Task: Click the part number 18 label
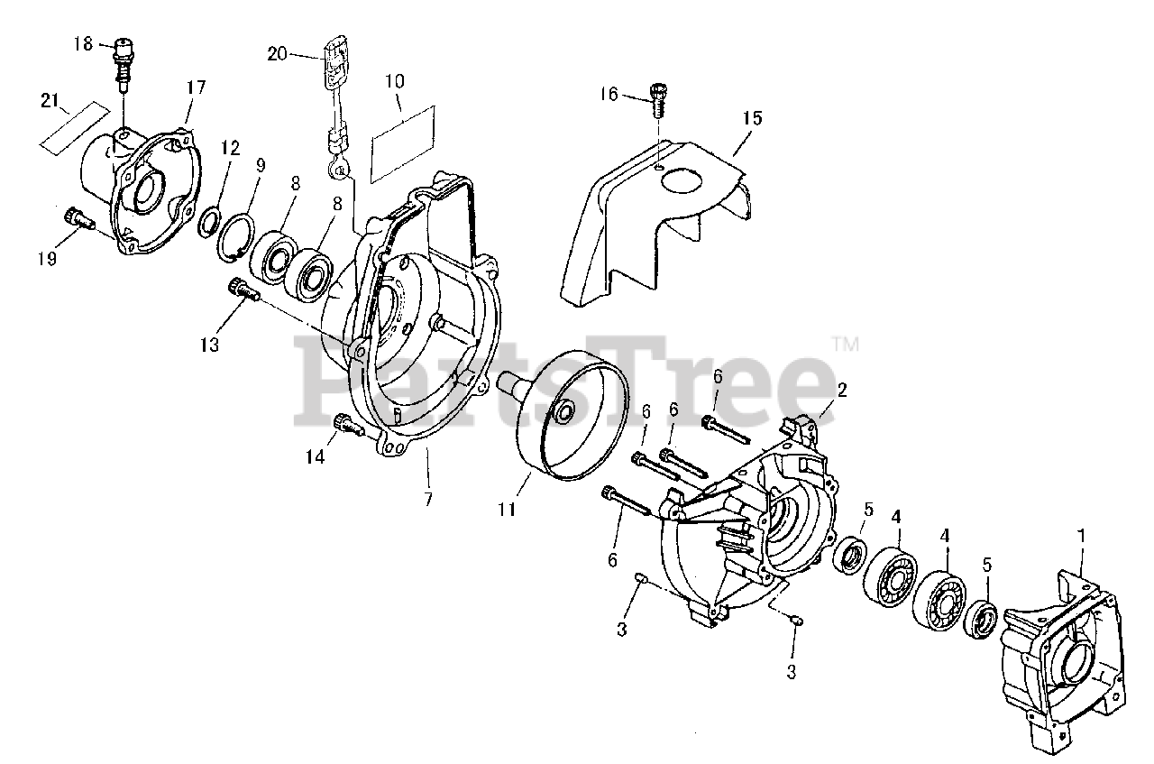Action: click(83, 42)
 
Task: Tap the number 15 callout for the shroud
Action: click(752, 117)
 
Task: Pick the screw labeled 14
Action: click(347, 422)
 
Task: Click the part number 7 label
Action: click(427, 498)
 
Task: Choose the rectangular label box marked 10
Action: click(403, 135)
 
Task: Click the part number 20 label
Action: click(278, 54)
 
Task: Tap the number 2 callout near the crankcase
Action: click(841, 390)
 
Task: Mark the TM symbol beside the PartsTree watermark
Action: click(846, 344)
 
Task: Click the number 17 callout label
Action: click(196, 87)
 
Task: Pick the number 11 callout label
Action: click(506, 510)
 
